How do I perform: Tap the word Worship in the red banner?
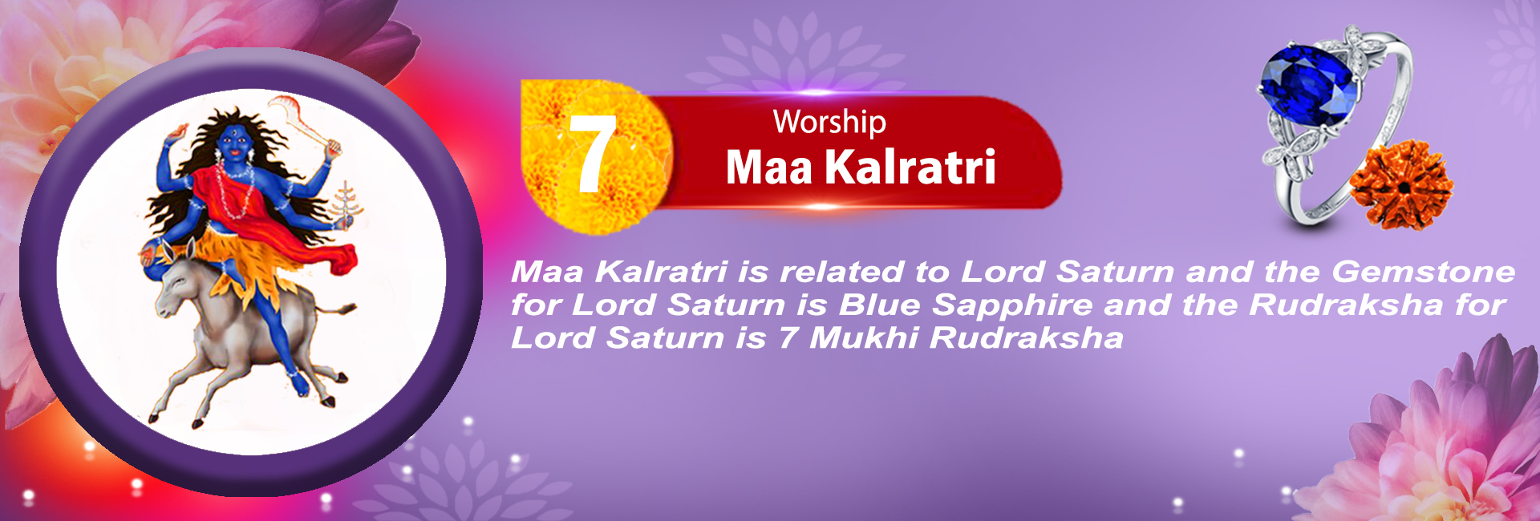coord(829,122)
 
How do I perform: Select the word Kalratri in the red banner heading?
coord(910,167)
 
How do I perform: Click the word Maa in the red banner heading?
coord(769,168)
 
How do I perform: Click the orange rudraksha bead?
coord(1401,185)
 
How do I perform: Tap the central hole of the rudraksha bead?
coord(1404,187)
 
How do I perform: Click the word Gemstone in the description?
coord(1424,272)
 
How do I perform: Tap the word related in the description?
coord(841,272)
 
